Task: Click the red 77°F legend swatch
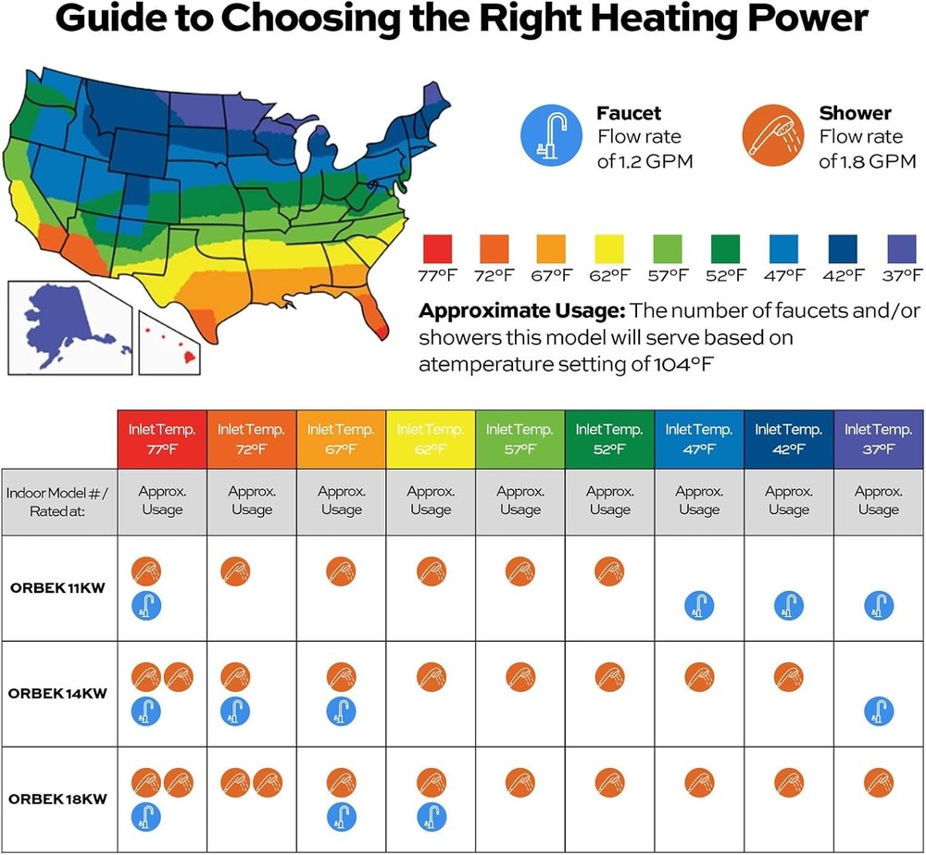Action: (437, 249)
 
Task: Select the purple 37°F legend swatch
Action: (901, 249)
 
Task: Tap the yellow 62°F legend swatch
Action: (610, 249)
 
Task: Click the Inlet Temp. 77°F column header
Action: (162, 439)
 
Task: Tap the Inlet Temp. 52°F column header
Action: (609, 439)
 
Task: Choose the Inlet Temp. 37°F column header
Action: (879, 439)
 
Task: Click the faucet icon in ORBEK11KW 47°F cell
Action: (699, 606)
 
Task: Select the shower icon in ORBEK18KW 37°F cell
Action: (878, 783)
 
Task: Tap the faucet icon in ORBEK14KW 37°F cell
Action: (878, 711)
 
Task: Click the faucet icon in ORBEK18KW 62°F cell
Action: (431, 816)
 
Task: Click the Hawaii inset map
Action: (170, 343)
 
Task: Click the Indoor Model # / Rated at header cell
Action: (59, 501)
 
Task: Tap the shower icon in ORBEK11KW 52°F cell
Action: (609, 571)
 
